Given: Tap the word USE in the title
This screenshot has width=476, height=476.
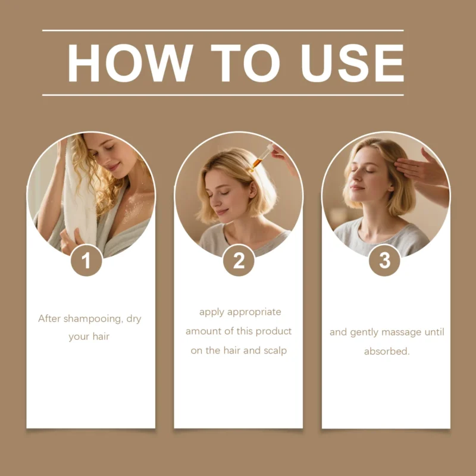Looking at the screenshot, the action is pyautogui.click(x=352, y=63).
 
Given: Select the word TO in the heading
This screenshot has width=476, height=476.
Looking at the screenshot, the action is pyautogui.click(x=245, y=63).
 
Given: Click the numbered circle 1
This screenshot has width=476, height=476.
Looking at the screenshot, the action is pyautogui.click(x=86, y=260).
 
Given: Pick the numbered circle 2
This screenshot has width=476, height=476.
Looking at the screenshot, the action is pyautogui.click(x=239, y=260).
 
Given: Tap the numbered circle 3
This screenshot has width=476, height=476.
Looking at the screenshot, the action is pyautogui.click(x=384, y=260).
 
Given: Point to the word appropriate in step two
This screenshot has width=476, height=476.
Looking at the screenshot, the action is pyautogui.click(x=254, y=312).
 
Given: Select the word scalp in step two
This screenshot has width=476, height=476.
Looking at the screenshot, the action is pyautogui.click(x=275, y=350).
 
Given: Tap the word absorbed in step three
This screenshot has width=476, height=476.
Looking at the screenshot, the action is pyautogui.click(x=387, y=351).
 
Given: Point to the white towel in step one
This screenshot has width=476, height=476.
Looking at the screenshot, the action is pyautogui.click(x=80, y=195).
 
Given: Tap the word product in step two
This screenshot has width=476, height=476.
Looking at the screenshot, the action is pyautogui.click(x=274, y=331).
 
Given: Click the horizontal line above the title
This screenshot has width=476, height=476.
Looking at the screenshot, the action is pyautogui.click(x=223, y=30).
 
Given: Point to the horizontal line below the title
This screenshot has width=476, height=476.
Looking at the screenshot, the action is pyautogui.click(x=223, y=95).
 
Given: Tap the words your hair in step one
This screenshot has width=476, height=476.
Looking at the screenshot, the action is pyautogui.click(x=89, y=337).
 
